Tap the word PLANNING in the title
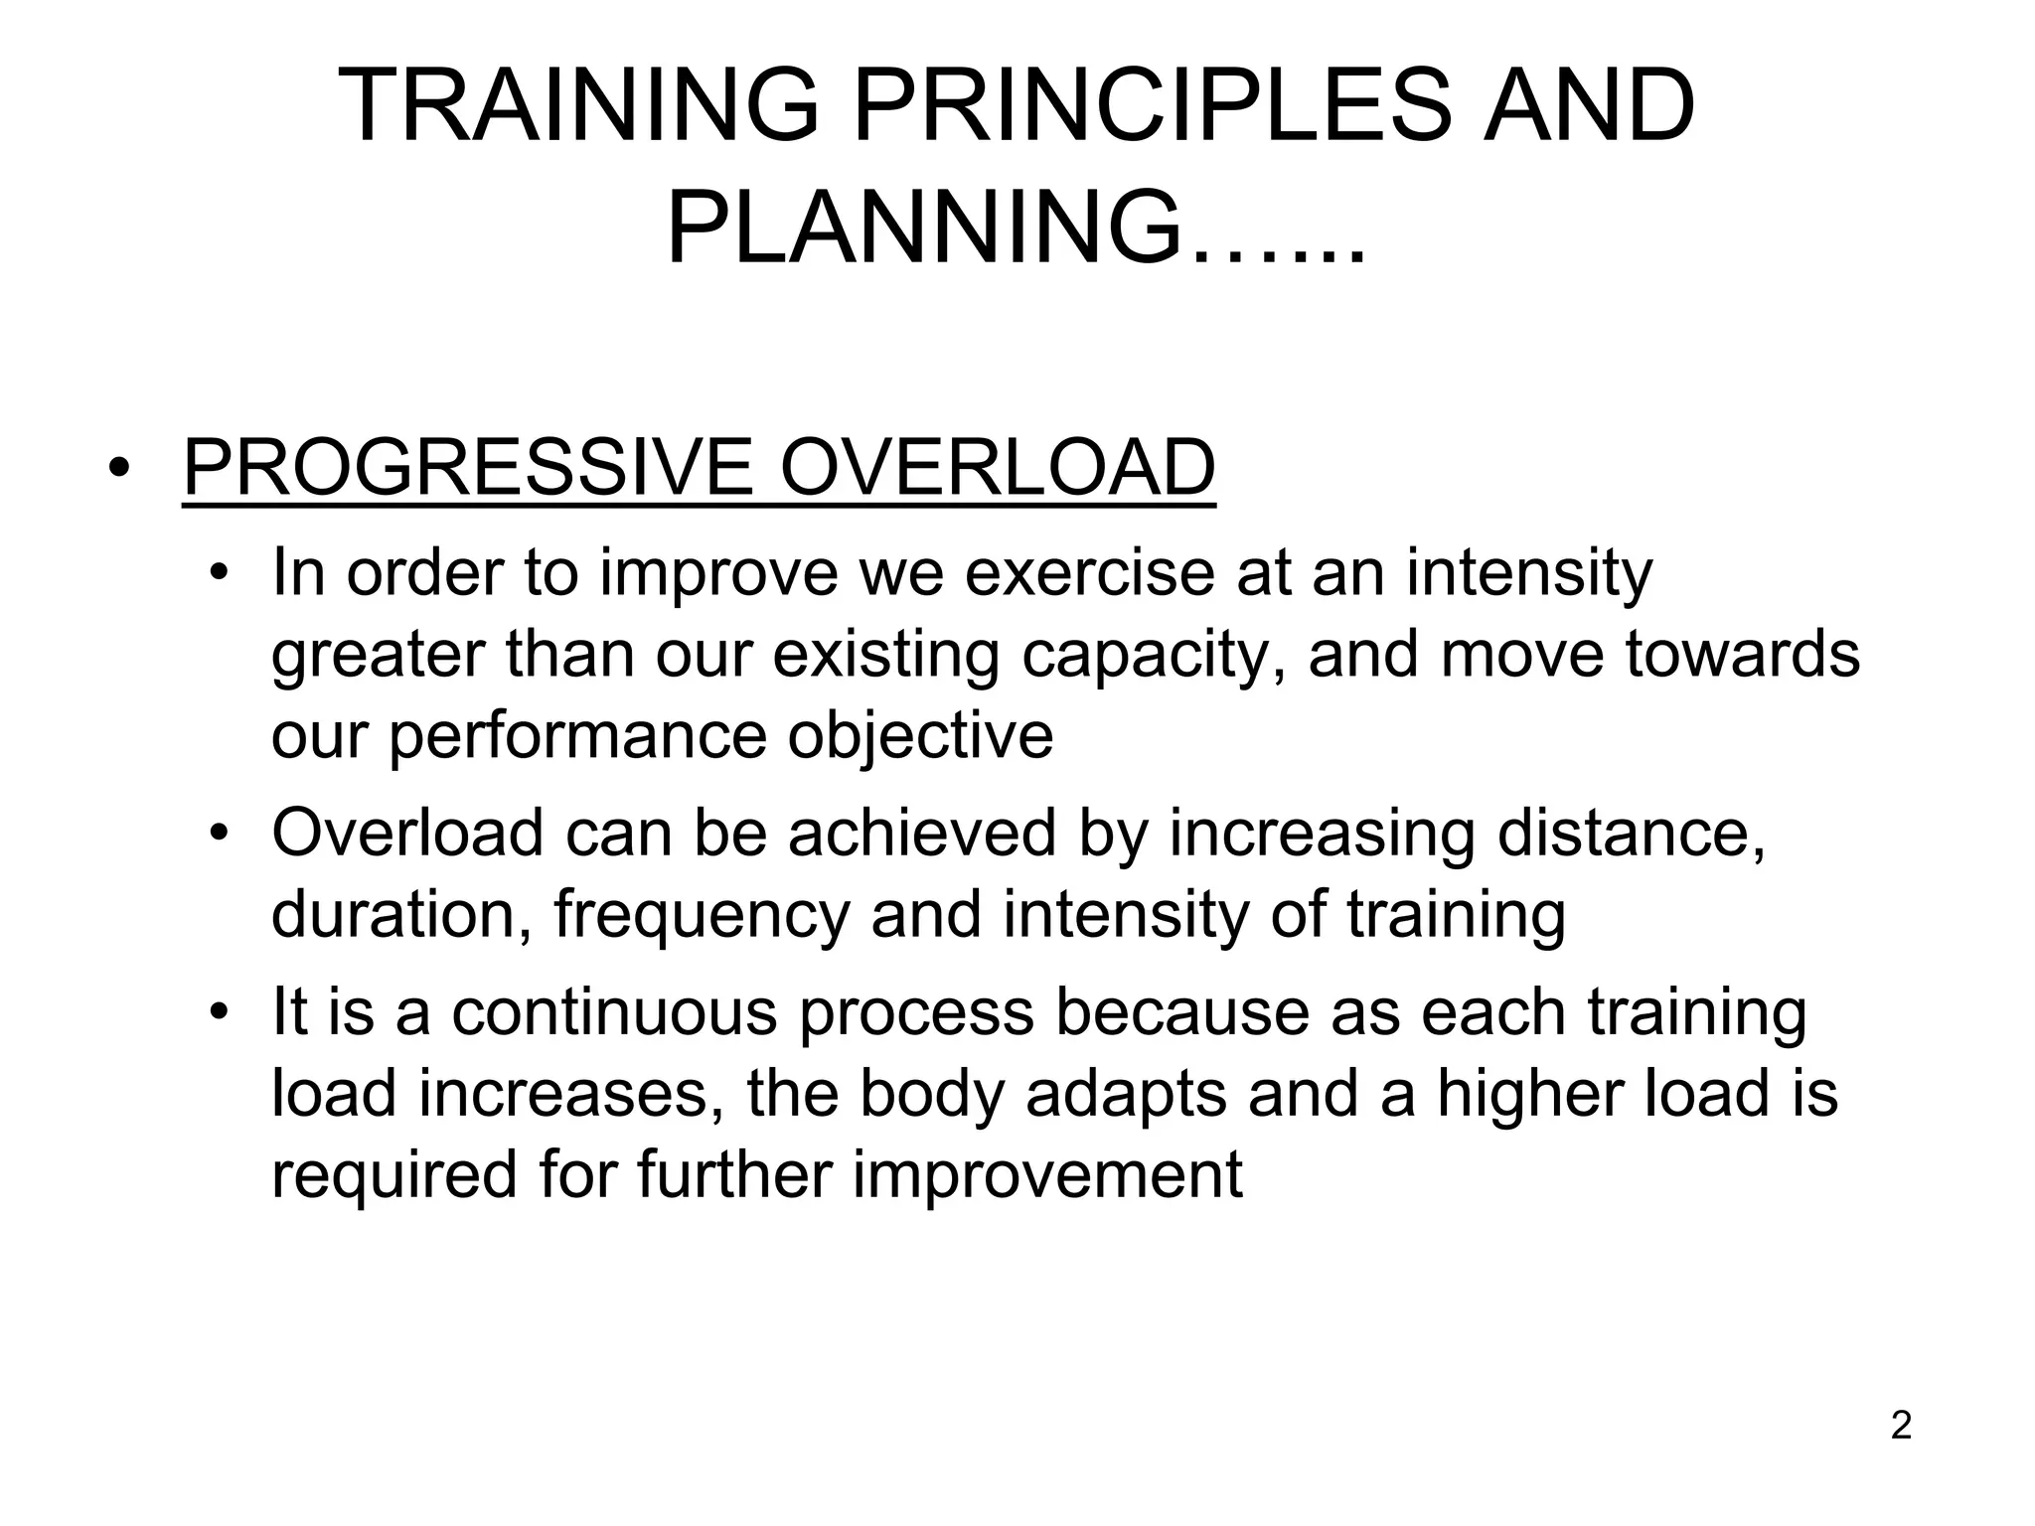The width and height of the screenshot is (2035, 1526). (924, 229)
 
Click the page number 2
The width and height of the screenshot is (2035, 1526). (1901, 1426)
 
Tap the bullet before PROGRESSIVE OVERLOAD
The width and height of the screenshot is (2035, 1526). (120, 469)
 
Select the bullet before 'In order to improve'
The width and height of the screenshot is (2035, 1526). (220, 574)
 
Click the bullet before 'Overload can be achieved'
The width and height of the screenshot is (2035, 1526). (220, 833)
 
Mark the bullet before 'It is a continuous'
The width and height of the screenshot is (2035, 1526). (220, 1012)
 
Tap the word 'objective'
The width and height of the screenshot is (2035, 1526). (920, 736)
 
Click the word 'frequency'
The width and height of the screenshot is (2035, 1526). (701, 915)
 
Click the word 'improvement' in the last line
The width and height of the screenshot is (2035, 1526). (1047, 1174)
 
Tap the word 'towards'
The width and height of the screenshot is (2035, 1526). (1742, 655)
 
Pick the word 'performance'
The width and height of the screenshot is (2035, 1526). (577, 738)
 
